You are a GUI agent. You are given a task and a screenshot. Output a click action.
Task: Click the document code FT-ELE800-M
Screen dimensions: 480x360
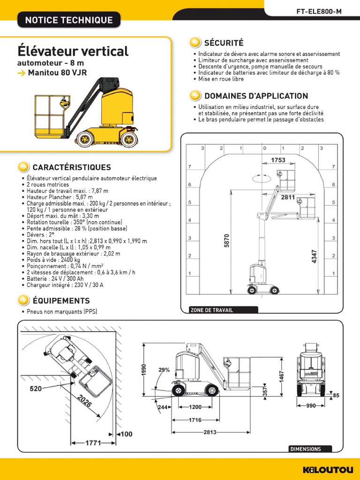tap(319, 11)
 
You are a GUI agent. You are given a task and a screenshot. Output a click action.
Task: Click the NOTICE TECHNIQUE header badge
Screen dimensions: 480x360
tap(68, 20)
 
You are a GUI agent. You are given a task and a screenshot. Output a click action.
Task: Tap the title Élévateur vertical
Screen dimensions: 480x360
tap(73, 51)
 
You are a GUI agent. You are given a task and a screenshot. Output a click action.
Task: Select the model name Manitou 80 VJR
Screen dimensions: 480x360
tap(57, 73)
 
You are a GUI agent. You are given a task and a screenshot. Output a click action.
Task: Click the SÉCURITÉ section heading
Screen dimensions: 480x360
tap(224, 43)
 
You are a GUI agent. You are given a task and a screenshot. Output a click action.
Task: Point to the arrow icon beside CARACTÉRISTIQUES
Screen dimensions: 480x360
tap(22, 167)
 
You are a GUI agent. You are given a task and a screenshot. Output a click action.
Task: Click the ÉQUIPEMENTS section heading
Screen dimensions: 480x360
tap(60, 300)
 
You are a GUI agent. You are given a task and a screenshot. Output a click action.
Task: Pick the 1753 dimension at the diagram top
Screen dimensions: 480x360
tap(278, 160)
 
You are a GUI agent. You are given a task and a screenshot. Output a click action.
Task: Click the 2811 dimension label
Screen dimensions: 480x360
tap(288, 198)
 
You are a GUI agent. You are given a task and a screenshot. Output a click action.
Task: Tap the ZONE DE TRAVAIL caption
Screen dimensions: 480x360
tap(211, 310)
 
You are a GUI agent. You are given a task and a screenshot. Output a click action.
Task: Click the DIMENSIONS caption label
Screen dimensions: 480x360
tap(306, 449)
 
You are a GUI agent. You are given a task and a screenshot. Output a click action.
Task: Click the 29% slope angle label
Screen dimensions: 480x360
tap(164, 370)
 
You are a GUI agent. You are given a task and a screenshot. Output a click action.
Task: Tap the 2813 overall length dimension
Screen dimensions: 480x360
tap(210, 432)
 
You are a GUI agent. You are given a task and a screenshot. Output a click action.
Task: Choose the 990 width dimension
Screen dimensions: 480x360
tap(311, 406)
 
